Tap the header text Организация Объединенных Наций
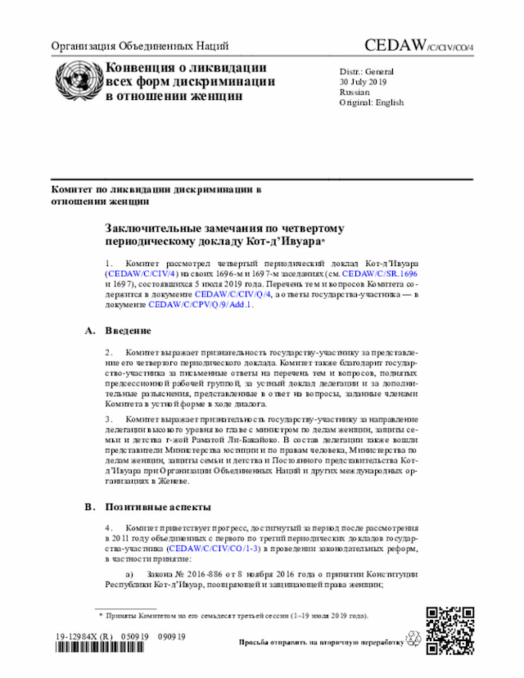(139, 46)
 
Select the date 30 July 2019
(364, 82)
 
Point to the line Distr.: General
(367, 71)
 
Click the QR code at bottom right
(449, 631)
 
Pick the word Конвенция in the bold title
(142, 67)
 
